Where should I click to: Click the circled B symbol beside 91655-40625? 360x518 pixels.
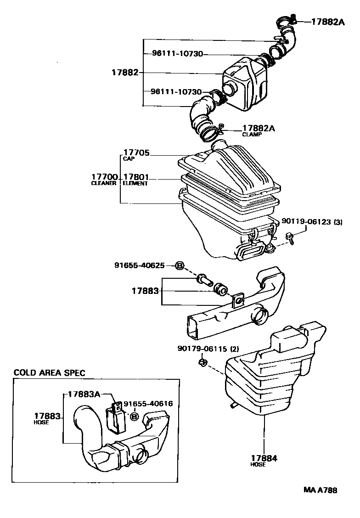(180, 265)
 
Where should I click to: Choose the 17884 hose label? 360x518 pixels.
(264, 458)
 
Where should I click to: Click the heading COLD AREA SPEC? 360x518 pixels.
(49, 373)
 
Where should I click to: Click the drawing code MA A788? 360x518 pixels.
(320, 490)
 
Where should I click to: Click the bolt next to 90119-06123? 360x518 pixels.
(290, 236)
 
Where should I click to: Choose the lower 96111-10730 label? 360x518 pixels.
(176, 92)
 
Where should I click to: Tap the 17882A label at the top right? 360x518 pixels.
(327, 22)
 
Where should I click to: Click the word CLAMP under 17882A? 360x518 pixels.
(252, 135)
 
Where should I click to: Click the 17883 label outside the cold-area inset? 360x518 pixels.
(145, 291)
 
